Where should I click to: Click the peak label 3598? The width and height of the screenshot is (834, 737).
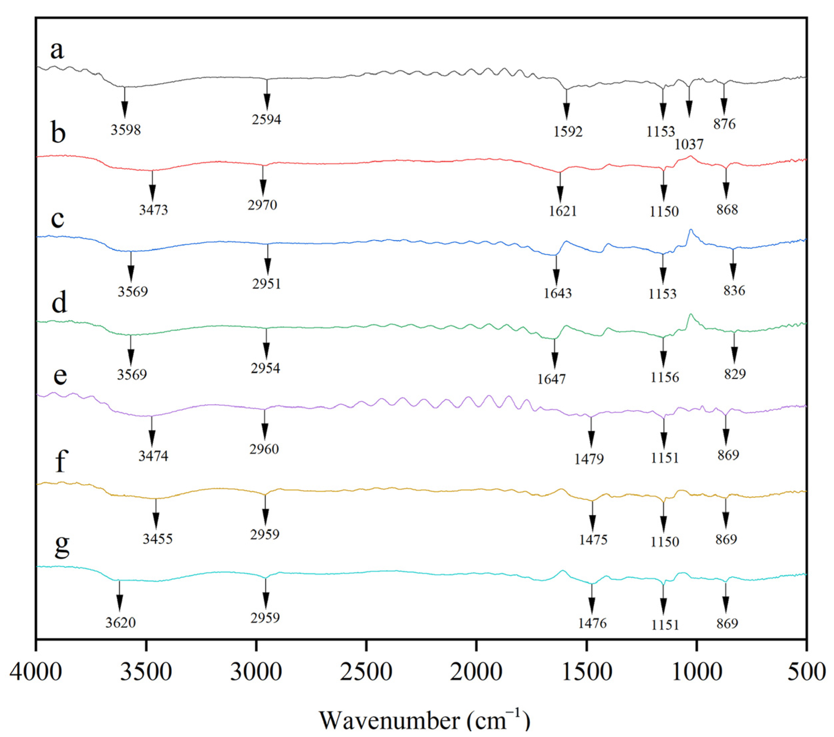[x=126, y=130]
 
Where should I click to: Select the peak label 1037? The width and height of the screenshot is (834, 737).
[x=689, y=144]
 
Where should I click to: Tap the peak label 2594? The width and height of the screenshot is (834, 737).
[x=266, y=120]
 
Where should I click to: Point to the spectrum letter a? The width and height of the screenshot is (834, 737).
[x=57, y=50]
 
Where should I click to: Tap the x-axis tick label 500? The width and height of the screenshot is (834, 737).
[x=806, y=672]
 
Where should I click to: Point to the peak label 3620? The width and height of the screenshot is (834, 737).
[x=120, y=623]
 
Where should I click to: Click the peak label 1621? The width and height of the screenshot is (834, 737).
[x=563, y=211]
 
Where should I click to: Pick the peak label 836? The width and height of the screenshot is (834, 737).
[x=734, y=291]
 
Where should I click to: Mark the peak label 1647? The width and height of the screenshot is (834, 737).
[x=551, y=379]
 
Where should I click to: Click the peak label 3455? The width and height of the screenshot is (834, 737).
[x=157, y=539]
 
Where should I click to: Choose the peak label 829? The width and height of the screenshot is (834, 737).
[x=735, y=374]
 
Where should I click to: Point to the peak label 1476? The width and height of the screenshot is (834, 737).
[x=592, y=623]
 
